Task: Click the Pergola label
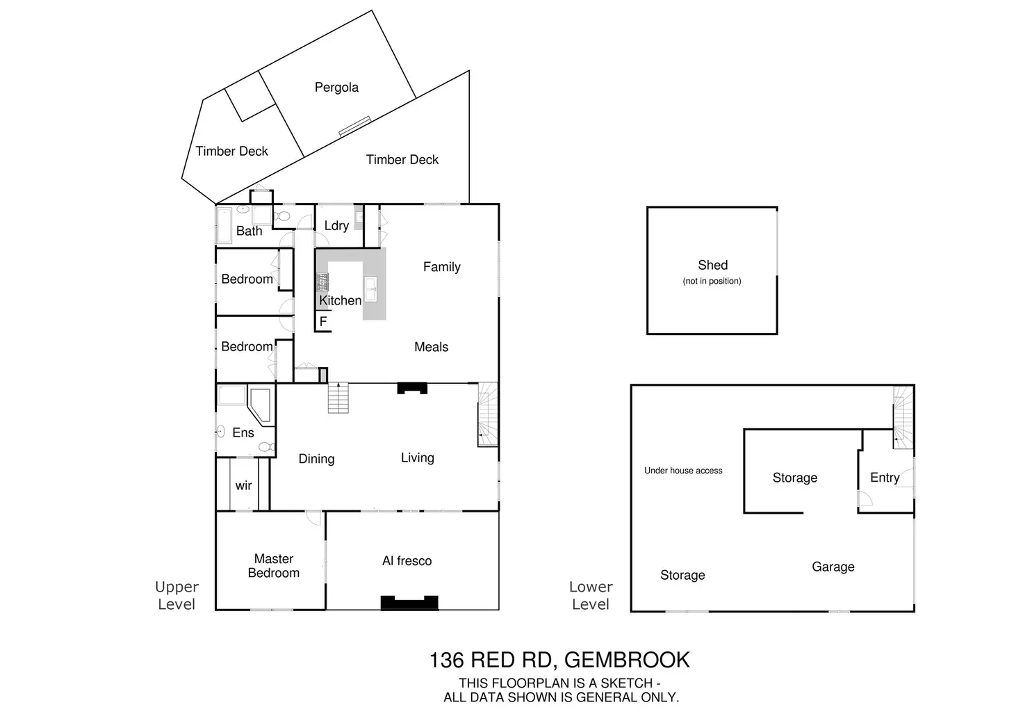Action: [336, 88]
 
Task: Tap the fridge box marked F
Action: [323, 322]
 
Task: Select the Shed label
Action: [712, 265]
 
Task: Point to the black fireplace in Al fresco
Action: [409, 603]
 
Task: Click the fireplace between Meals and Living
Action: [412, 389]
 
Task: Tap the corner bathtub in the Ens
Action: [261, 405]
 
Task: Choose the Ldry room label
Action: [336, 226]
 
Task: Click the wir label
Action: [243, 486]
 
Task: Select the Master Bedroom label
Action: [274, 566]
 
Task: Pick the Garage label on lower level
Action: [833, 567]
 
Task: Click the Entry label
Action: [884, 478]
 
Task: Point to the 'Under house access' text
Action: [683, 471]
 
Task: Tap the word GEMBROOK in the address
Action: [626, 660]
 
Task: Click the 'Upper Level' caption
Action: [177, 596]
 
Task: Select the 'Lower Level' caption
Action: [591, 596]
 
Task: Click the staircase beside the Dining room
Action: [338, 398]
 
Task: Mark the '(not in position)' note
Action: [712, 281]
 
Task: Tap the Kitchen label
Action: [340, 300]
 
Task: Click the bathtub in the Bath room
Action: [224, 225]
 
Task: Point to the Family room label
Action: [441, 267]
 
